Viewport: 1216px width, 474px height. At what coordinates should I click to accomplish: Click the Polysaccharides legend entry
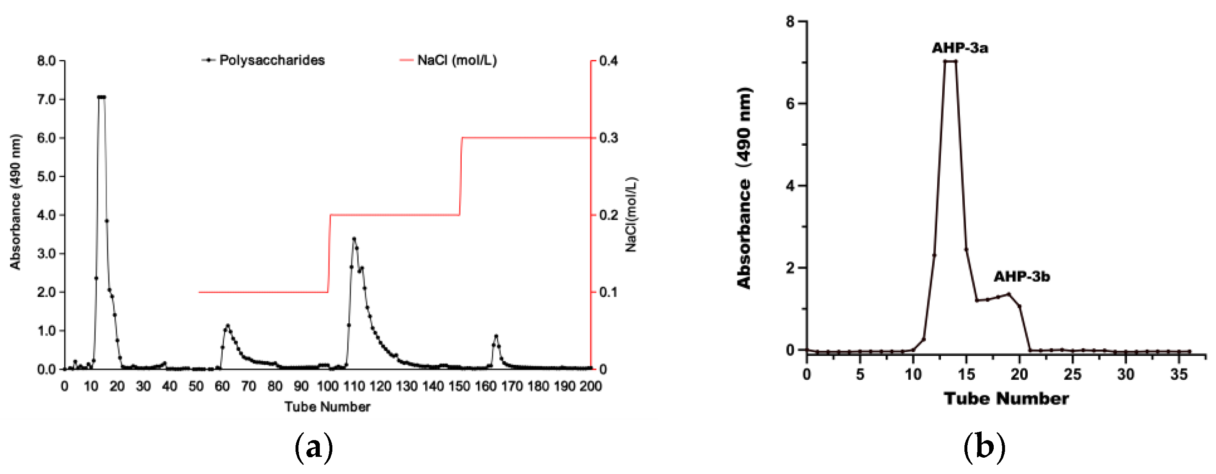271,60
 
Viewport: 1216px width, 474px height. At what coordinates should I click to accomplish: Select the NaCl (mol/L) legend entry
457,60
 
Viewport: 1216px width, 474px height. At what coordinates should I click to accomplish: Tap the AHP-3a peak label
959,48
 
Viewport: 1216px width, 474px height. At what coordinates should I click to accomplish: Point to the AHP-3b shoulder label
1021,277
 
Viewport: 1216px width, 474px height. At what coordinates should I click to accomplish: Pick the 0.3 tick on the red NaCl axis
609,138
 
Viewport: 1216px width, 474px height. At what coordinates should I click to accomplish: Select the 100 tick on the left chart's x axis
328,386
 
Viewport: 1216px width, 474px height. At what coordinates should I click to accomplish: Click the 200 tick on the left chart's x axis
591,386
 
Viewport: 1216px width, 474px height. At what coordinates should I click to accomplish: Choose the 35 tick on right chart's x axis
1179,375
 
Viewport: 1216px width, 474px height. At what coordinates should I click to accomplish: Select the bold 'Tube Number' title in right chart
1006,399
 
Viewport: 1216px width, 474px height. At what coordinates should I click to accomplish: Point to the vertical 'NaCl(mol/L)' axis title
631,215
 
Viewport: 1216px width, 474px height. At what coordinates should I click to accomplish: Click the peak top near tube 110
354,239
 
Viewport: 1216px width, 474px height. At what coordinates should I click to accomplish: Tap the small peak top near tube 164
496,336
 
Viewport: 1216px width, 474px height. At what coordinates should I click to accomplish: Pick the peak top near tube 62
228,325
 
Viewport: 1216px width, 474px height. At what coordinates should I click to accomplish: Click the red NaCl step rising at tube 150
461,177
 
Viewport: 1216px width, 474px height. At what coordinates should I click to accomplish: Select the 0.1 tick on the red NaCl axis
609,292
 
